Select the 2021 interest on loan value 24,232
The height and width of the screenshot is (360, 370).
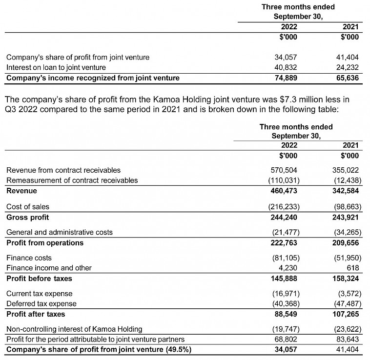tap(347, 67)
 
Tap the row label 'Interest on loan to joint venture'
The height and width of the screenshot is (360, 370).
tap(56, 67)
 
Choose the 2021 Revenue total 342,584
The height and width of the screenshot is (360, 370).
tap(346, 191)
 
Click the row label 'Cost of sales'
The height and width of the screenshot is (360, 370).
tap(28, 207)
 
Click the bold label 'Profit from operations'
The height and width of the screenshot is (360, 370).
tap(45, 243)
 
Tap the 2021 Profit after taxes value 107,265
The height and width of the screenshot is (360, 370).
tap(346, 314)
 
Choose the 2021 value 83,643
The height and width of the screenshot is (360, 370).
tap(347, 339)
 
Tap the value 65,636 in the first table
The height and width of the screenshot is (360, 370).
tap(347, 78)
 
